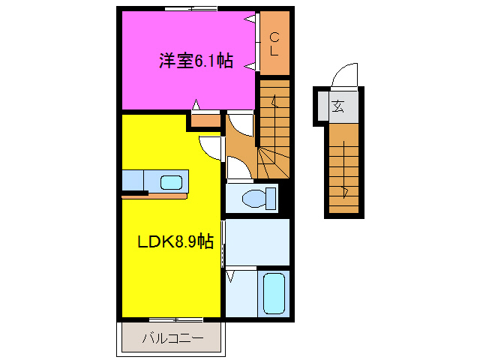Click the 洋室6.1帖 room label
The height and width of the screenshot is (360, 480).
click(195, 62)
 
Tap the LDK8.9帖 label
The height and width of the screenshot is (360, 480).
click(175, 241)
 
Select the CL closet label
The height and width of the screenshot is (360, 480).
click(274, 43)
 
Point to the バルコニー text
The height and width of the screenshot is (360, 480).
click(173, 338)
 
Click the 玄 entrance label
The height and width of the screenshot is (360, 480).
click(338, 106)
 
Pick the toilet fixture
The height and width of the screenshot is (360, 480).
click(253, 199)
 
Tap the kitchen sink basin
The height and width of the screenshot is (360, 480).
click(172, 181)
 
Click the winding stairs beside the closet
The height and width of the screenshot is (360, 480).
click(275, 135)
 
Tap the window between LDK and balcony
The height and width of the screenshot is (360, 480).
click(171, 319)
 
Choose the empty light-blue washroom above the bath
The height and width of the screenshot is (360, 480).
click(257, 241)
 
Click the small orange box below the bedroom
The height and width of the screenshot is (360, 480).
click(204, 118)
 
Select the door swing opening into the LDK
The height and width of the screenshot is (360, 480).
click(211, 146)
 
